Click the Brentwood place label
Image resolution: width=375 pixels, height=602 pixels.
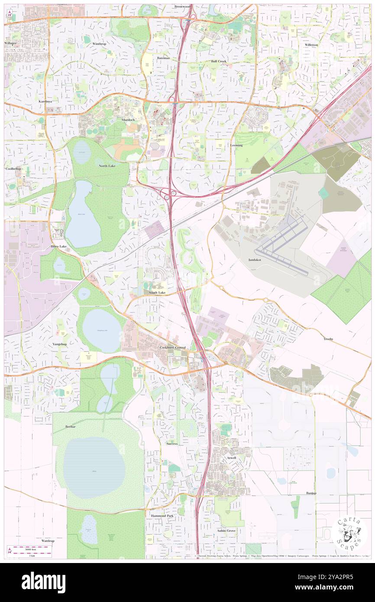(182, 7)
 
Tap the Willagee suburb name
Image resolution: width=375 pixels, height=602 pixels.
(11, 43)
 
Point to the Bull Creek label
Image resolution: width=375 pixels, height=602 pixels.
(219, 61)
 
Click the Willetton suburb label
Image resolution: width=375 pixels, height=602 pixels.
(311, 45)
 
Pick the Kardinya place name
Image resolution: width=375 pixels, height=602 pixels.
(45, 101)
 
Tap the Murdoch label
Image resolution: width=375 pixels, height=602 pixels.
(128, 120)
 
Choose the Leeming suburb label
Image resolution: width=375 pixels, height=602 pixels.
(236, 145)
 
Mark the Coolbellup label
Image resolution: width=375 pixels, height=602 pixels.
(13, 168)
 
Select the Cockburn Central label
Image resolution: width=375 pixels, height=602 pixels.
(172, 347)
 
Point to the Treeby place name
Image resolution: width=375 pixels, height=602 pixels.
(328, 339)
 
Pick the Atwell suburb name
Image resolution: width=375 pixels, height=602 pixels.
(231, 458)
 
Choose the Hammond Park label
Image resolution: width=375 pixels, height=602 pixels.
(162, 516)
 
